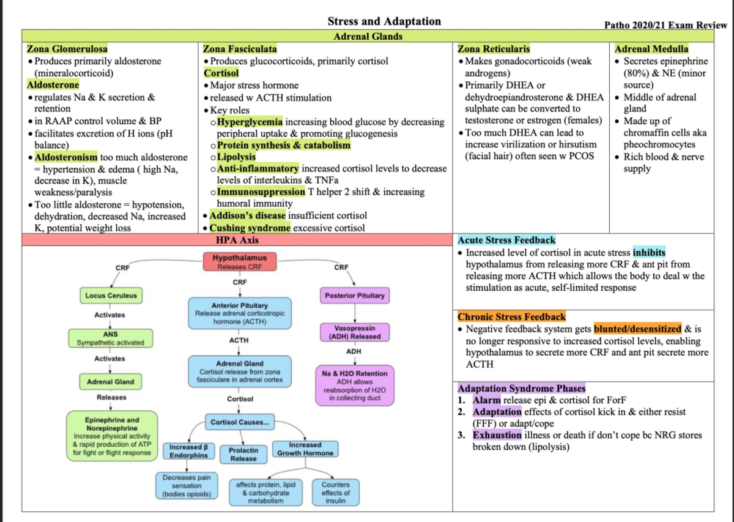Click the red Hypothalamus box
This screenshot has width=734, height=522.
tap(240, 262)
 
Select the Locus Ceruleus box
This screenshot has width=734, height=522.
tap(111, 296)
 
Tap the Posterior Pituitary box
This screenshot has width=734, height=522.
tap(355, 296)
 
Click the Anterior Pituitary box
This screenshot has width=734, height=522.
tap(240, 313)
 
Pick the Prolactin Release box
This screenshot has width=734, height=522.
tap(243, 455)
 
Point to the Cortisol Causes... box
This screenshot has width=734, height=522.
tap(240, 422)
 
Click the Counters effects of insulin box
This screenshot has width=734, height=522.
tap(336, 493)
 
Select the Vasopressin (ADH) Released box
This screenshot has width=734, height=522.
tap(355, 332)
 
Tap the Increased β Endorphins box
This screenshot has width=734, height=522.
tap(189, 451)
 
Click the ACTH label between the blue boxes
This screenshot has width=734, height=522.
tap(239, 340)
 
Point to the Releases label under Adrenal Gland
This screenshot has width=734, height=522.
tap(111, 397)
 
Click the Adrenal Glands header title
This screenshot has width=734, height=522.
tap(368, 36)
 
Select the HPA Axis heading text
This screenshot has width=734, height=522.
tap(237, 240)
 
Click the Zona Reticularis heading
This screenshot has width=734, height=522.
tap(494, 49)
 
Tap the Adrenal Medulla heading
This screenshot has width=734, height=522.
tap(651, 49)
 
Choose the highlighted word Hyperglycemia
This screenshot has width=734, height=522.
tap(250, 122)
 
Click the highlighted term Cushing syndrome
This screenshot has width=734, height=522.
tap(250, 228)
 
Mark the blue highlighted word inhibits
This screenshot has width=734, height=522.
tap(649, 253)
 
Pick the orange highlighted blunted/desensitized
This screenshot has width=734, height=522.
tap(637, 329)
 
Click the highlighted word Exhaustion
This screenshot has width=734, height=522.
tap(497, 435)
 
